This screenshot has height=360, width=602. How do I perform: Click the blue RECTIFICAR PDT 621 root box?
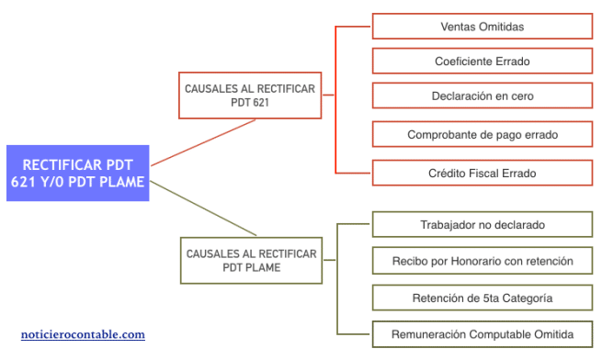(77, 174)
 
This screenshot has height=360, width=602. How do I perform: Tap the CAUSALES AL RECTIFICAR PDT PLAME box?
(251, 260)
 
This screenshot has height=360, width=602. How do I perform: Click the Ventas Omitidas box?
(483, 27)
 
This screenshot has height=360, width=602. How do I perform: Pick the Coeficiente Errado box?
(483, 62)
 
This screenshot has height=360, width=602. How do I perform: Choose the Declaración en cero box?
(483, 96)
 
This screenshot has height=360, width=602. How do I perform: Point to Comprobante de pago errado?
(483, 134)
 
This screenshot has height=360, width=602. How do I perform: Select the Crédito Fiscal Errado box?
(483, 173)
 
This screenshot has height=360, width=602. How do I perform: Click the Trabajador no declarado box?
(483, 224)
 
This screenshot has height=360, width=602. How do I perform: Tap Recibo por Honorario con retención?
(483, 261)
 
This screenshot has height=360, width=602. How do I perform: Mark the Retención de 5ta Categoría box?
(483, 298)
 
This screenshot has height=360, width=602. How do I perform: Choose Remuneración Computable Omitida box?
(483, 334)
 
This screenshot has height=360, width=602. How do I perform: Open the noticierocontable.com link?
(83, 335)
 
